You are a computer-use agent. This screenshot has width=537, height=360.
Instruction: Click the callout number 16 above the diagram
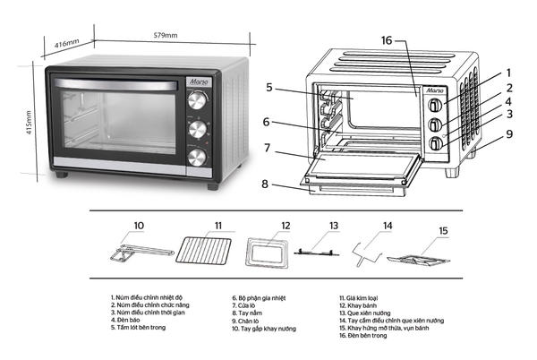pyautogui.click(x=386, y=40)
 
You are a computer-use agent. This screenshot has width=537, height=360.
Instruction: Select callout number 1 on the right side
pyautogui.click(x=508, y=73)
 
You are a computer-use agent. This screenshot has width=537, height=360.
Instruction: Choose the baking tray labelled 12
pyautogui.click(x=268, y=253)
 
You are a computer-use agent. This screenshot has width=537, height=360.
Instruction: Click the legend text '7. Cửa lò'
pyautogui.click(x=246, y=304)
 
